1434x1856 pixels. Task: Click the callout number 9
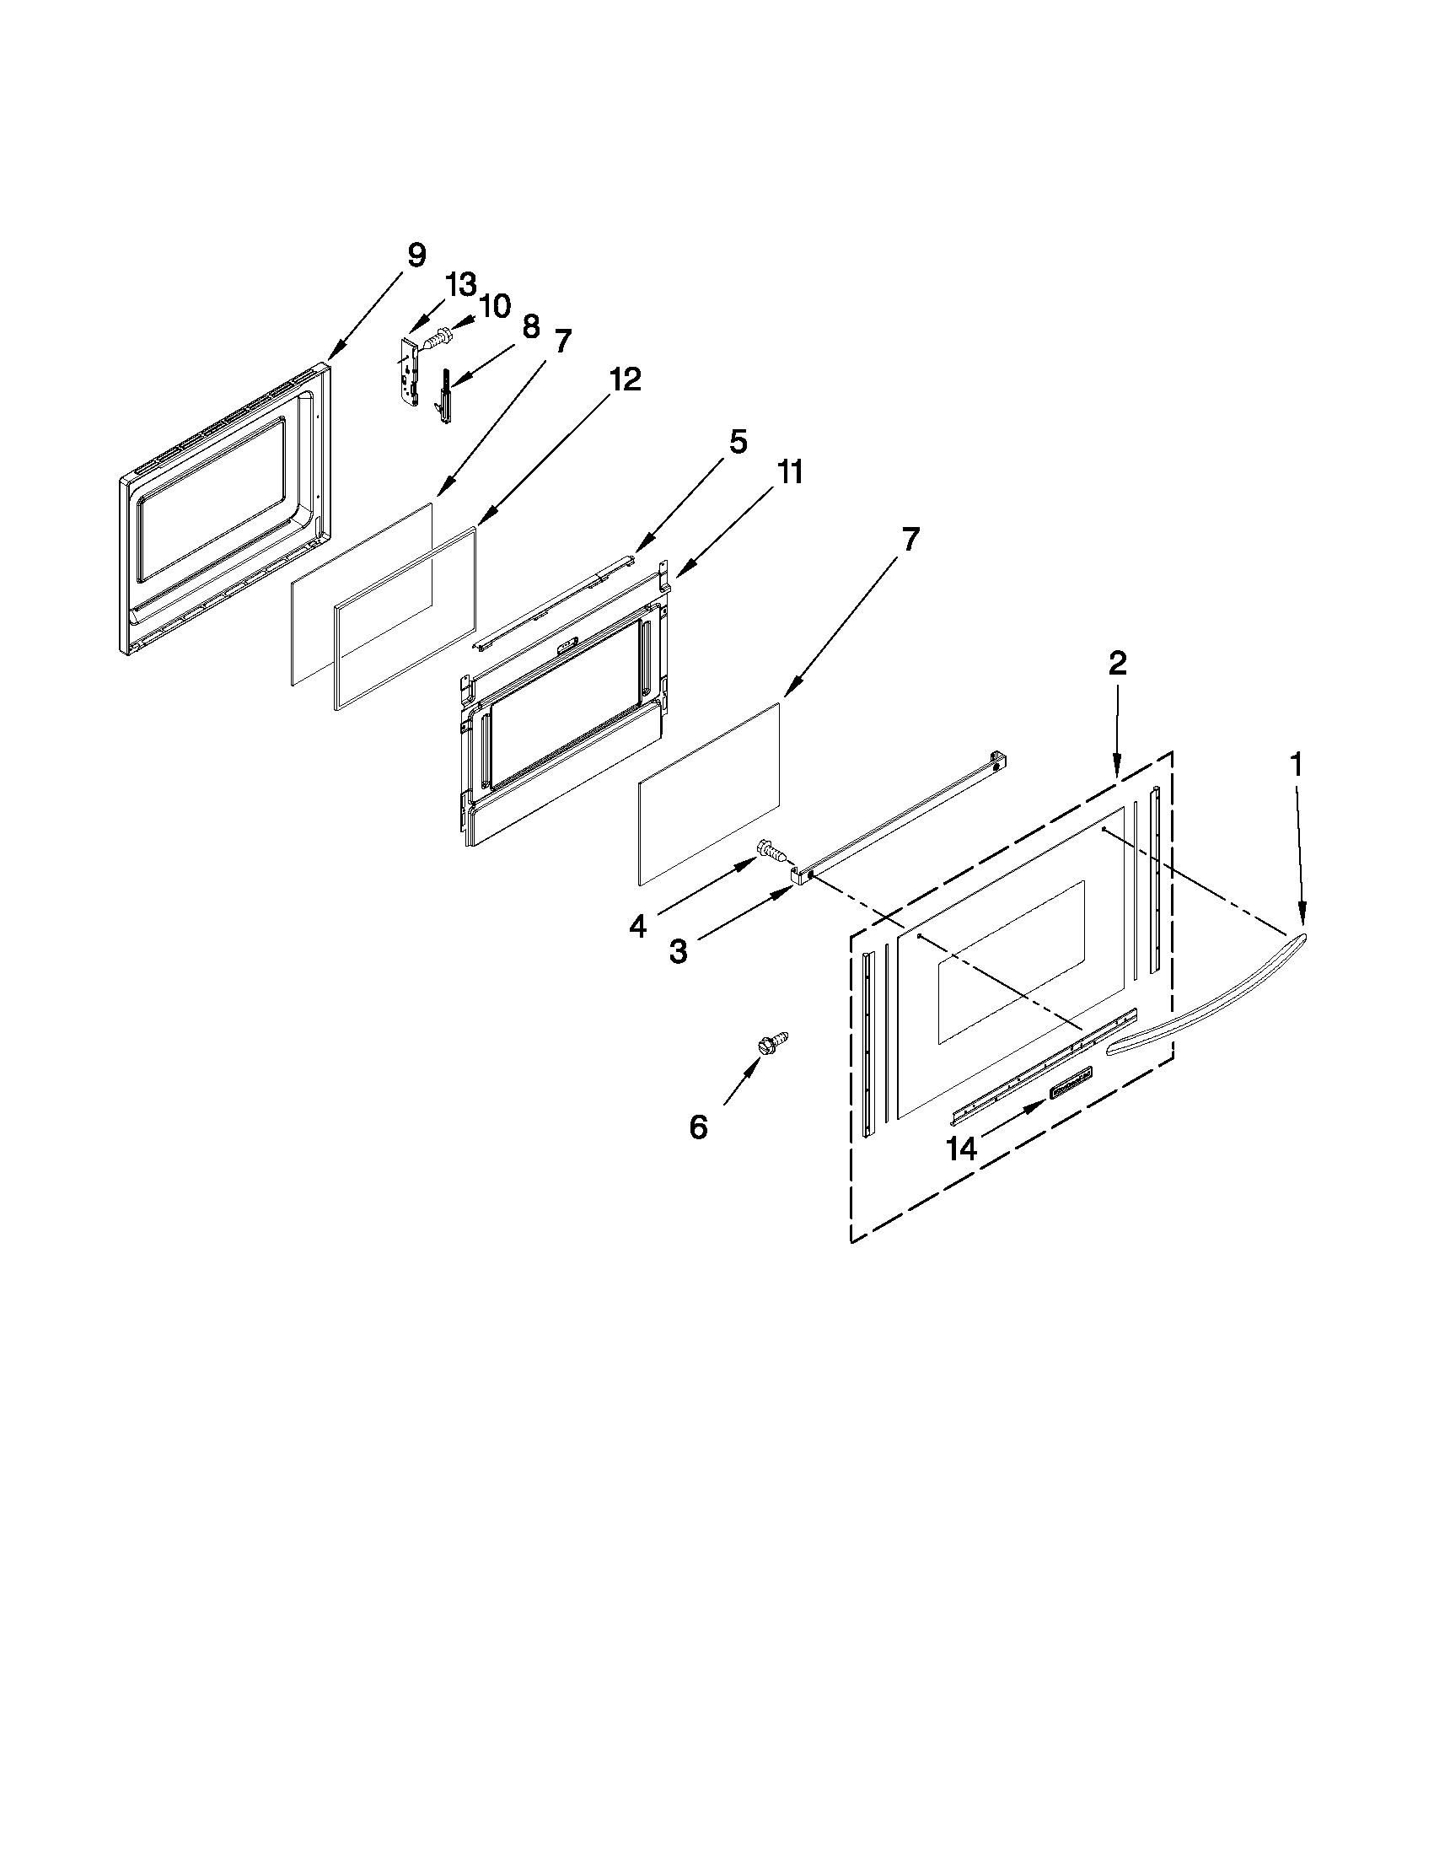[416, 255]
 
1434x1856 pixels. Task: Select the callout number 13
[461, 285]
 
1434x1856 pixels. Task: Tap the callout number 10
[495, 306]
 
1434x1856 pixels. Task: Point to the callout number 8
[530, 325]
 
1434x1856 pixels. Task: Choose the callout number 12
[625, 379]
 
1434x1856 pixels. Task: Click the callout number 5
[738, 442]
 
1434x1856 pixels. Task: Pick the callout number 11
[790, 472]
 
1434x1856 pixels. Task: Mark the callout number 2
[1117, 663]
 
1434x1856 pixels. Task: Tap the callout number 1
[1296, 765]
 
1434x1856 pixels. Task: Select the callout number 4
[637, 926]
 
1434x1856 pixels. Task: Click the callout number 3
[677, 952]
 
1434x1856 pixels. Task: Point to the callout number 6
[697, 1127]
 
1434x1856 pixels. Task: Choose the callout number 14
[962, 1149]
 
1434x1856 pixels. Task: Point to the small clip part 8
[445, 395]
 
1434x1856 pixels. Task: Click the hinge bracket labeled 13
[412, 371]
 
